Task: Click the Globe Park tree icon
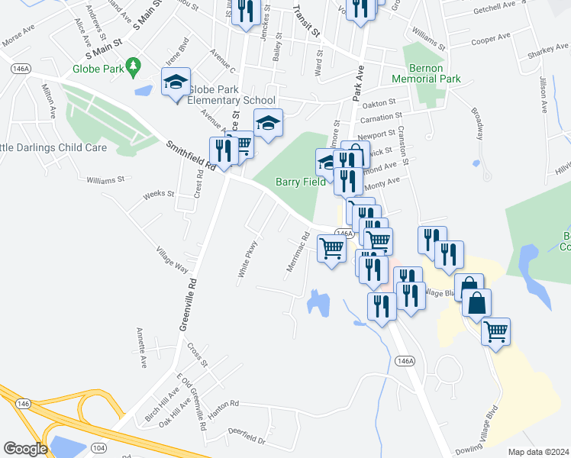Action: pyautogui.click(x=134, y=67)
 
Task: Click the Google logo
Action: pyautogui.click(x=25, y=449)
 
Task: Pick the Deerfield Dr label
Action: pyautogui.click(x=245, y=440)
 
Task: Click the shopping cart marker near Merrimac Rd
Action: pyautogui.click(x=331, y=249)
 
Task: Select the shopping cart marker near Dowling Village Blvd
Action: pyautogui.click(x=495, y=331)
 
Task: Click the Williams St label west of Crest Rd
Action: pyautogui.click(x=105, y=180)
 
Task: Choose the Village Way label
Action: pyautogui.click(x=172, y=259)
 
